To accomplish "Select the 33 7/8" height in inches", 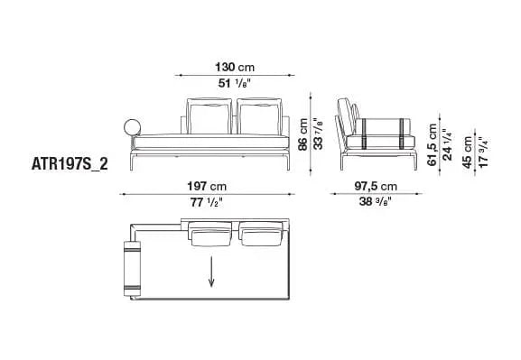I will point(318,134).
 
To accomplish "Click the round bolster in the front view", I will point(129,128).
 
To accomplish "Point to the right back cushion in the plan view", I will point(263,238).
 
